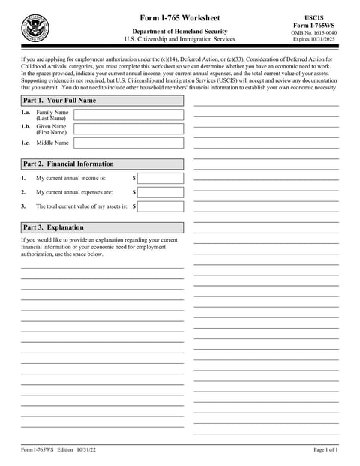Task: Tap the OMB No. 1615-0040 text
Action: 314,33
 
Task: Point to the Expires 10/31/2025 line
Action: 314,41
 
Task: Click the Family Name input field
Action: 128,115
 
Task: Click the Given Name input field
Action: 128,128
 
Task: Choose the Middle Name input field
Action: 128,143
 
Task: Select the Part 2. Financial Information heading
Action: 101,164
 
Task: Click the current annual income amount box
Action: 160,179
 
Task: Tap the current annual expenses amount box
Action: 160,192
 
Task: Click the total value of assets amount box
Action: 160,206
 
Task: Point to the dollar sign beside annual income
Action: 134,179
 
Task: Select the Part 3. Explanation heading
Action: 101,227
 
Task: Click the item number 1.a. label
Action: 25,112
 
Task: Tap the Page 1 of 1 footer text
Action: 325,449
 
